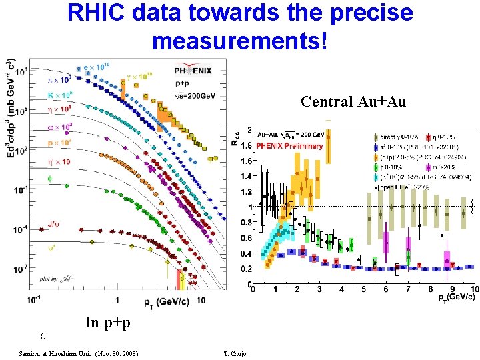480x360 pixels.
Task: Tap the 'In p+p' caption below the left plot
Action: (x=107, y=323)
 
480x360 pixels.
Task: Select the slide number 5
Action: (x=43, y=335)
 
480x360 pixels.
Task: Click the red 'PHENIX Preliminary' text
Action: (x=291, y=146)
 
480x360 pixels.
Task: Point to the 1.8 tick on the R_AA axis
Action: (x=245, y=145)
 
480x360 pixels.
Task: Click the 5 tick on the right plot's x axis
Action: (x=363, y=289)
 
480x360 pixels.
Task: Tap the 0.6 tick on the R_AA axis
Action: (x=245, y=238)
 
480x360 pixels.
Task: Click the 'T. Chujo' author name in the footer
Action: (x=235, y=353)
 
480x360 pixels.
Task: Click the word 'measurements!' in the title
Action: (x=240, y=41)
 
